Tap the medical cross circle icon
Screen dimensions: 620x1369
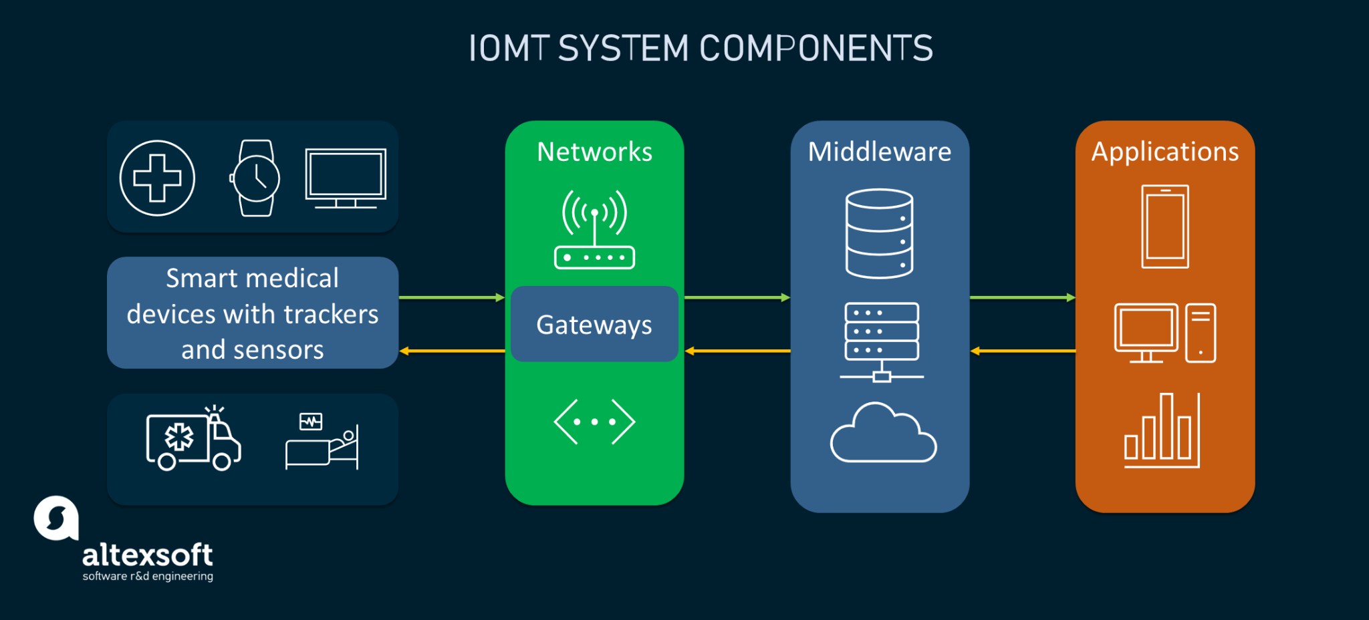point(157,178)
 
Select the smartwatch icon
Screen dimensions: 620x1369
point(255,178)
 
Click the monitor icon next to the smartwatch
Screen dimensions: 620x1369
point(346,176)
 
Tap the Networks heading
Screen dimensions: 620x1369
point(594,152)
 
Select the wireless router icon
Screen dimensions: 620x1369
point(594,230)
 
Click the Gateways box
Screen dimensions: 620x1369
point(594,325)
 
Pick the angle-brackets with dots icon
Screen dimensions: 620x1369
point(594,422)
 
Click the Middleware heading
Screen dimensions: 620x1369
point(879,152)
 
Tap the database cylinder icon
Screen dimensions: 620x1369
point(879,233)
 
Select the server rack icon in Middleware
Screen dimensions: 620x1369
point(882,341)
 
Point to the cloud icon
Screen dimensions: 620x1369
point(883,434)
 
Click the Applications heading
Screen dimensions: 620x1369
point(1164,152)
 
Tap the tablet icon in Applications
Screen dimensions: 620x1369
point(1164,226)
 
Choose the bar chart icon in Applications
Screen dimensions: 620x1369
point(1162,432)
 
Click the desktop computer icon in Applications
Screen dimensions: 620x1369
point(1164,333)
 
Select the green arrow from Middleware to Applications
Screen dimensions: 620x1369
point(1022,297)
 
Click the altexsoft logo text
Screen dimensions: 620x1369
point(147,555)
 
